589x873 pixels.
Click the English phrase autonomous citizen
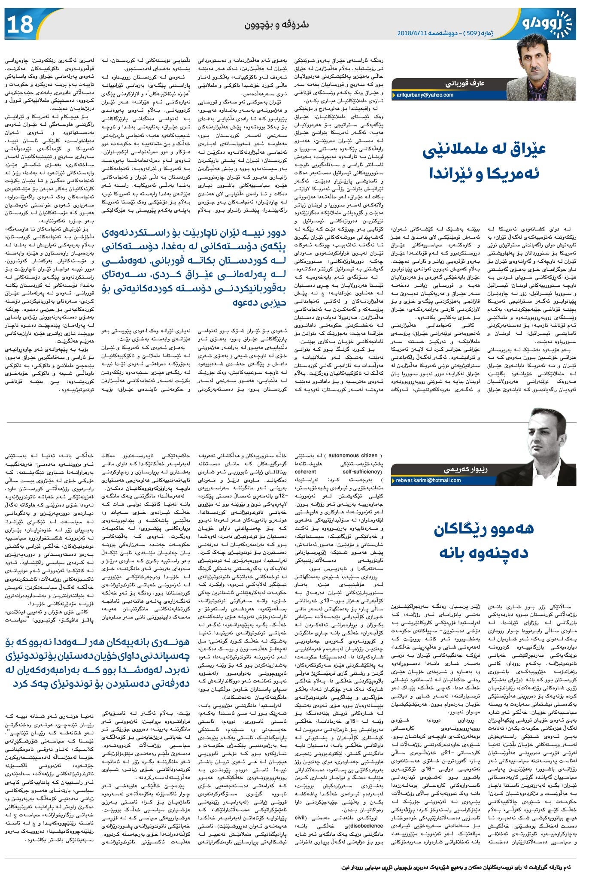point(350,455)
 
